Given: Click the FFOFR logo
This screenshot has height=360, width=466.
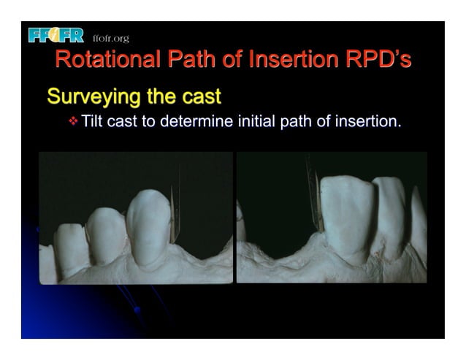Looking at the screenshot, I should [x=56, y=35].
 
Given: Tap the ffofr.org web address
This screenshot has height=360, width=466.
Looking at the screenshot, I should [x=111, y=37].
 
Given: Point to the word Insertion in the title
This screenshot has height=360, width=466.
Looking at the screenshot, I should [x=292, y=61].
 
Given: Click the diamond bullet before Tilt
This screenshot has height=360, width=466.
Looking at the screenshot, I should [x=72, y=120].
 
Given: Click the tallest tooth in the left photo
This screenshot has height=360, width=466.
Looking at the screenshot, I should [x=149, y=226].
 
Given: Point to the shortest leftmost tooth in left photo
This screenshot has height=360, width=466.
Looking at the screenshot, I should [x=70, y=248].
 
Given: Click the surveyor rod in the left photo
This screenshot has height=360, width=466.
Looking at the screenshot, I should [x=175, y=212].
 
